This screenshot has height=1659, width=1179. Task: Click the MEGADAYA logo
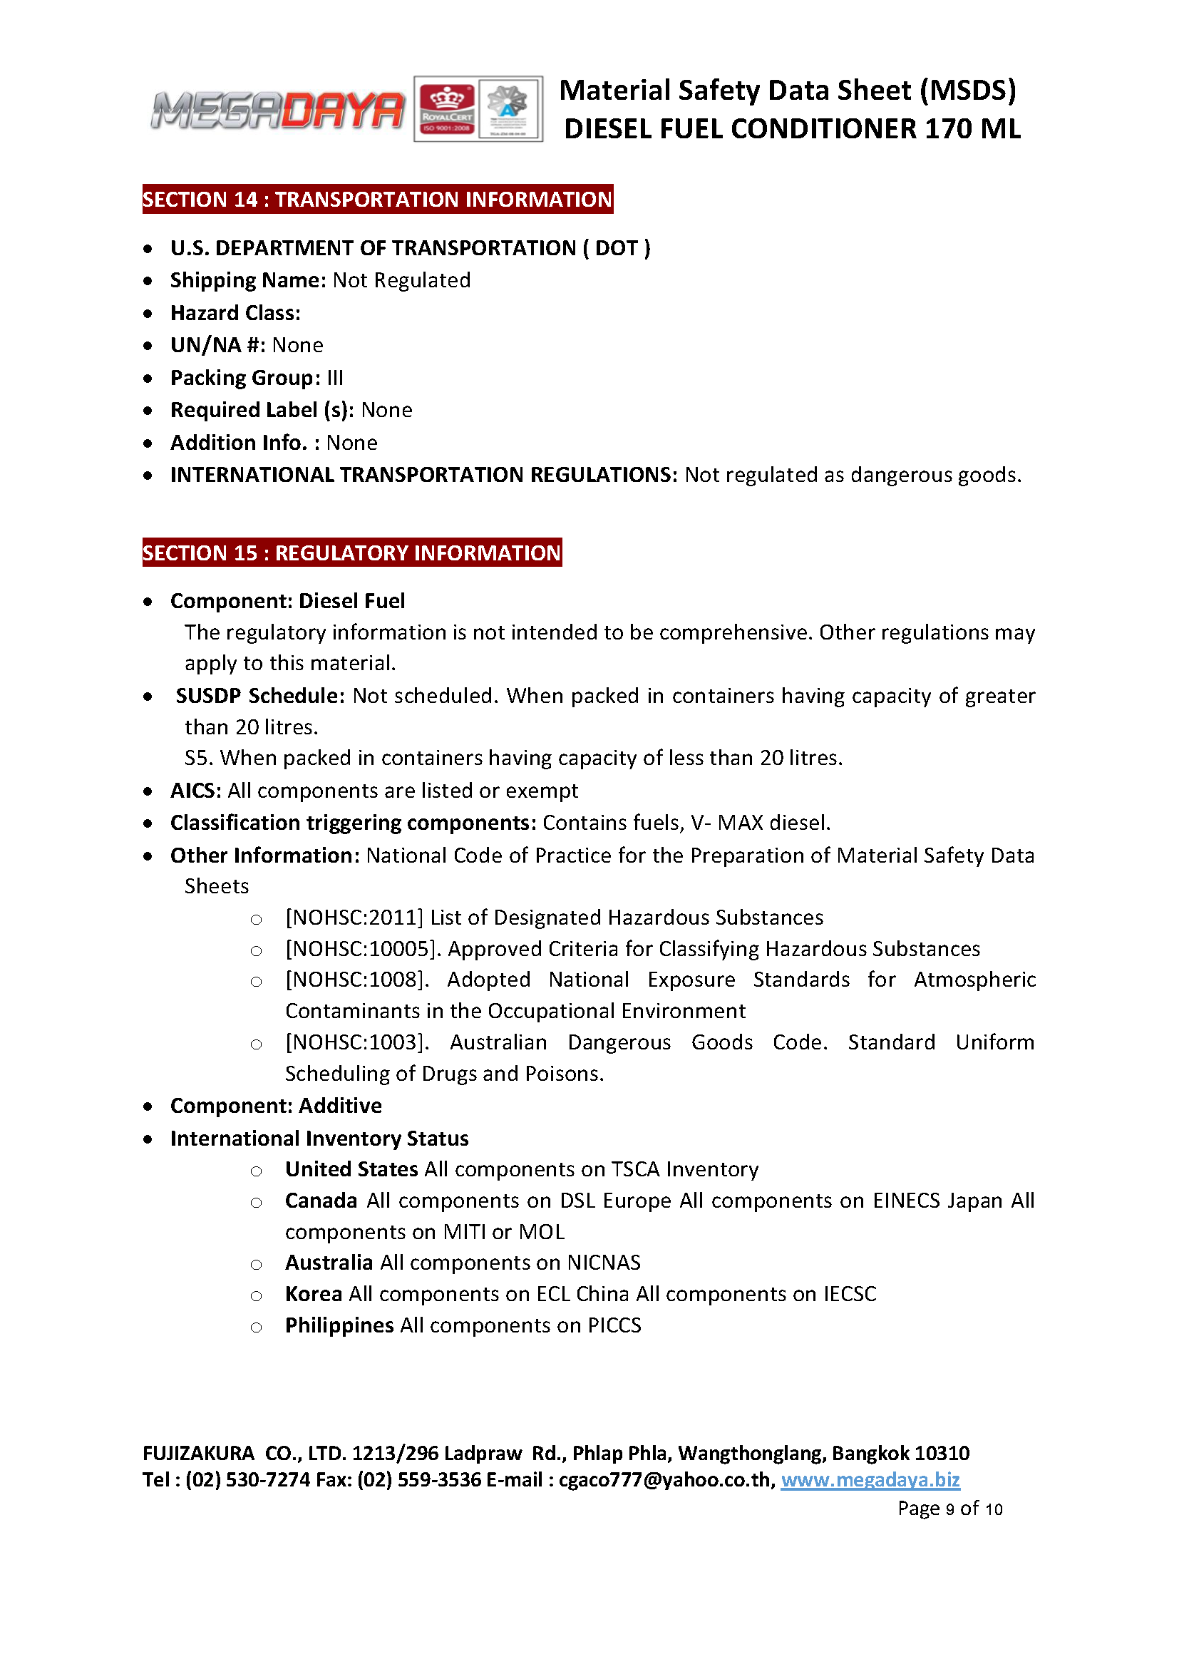(277, 111)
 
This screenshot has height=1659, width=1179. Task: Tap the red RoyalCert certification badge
(447, 109)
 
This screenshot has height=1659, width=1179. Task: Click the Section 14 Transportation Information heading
(378, 199)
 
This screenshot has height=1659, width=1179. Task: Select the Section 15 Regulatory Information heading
(351, 553)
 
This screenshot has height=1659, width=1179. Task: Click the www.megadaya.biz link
(870, 1479)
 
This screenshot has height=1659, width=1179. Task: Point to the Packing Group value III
(335, 378)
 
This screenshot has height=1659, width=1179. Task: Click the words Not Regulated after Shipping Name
(401, 280)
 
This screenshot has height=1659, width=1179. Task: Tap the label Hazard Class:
(235, 313)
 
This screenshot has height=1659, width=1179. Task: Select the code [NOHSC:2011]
(354, 918)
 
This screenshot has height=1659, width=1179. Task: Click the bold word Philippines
(339, 1325)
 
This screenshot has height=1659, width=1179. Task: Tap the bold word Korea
(314, 1294)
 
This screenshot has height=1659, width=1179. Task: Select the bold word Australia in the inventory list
(329, 1263)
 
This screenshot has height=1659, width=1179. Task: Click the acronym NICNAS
(603, 1263)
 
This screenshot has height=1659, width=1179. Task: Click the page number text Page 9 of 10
(949, 1509)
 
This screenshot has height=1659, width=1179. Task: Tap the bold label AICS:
(196, 791)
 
